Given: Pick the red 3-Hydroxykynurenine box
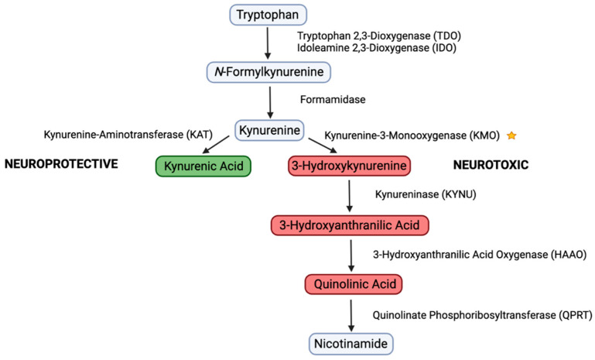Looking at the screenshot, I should [x=349, y=166].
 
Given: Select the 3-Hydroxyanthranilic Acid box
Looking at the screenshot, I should [x=349, y=225].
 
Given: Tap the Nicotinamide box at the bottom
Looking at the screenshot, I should [x=349, y=341].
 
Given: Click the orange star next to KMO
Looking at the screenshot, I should [x=511, y=135].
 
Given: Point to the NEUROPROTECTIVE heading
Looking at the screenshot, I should [x=60, y=164].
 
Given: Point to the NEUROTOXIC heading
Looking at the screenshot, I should [x=491, y=164].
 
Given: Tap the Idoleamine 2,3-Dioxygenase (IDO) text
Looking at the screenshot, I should [x=377, y=48].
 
